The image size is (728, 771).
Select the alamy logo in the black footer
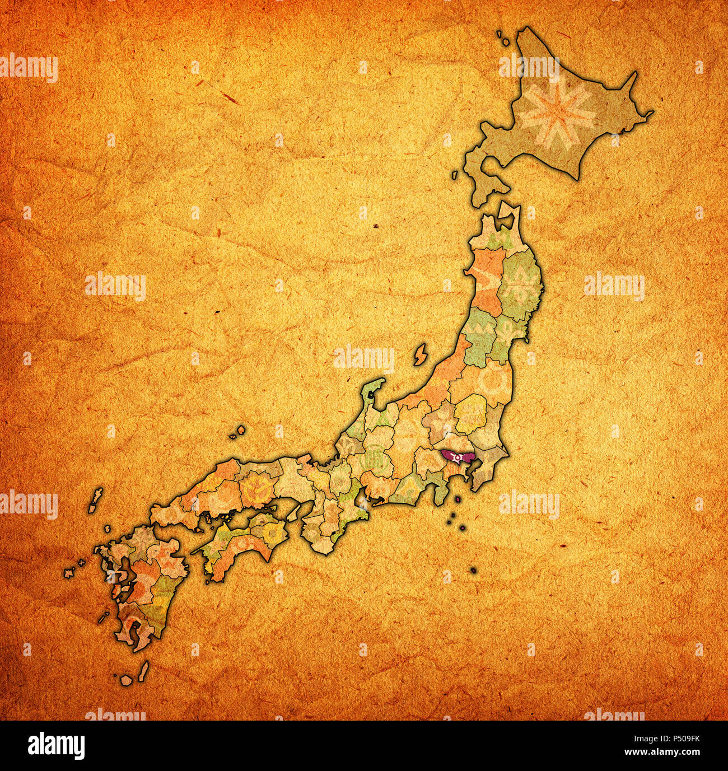(56, 745)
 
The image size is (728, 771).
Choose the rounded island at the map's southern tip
(127, 679)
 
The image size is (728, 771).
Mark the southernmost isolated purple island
(474, 570)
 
